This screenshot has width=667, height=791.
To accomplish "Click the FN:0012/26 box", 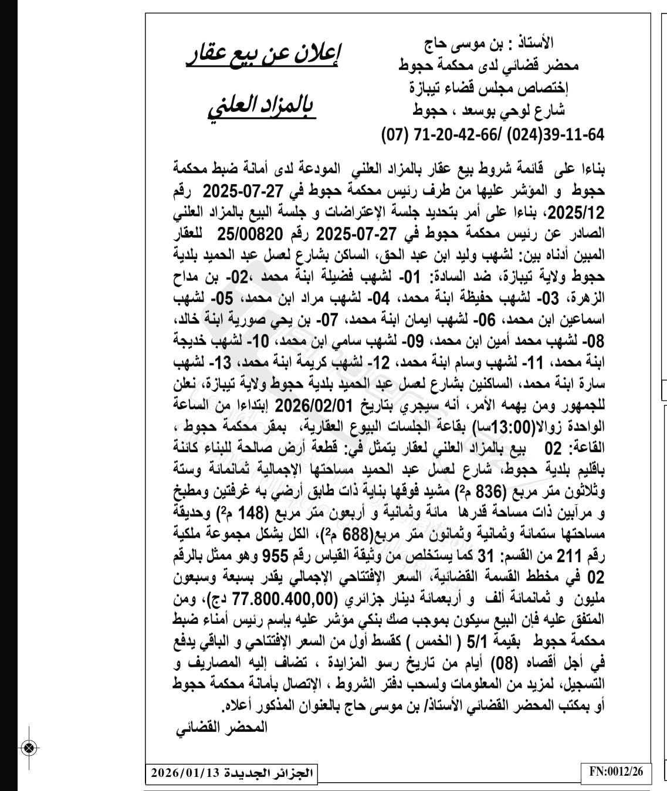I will click(616, 772).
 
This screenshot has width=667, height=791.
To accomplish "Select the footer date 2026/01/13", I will click(185, 772).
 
